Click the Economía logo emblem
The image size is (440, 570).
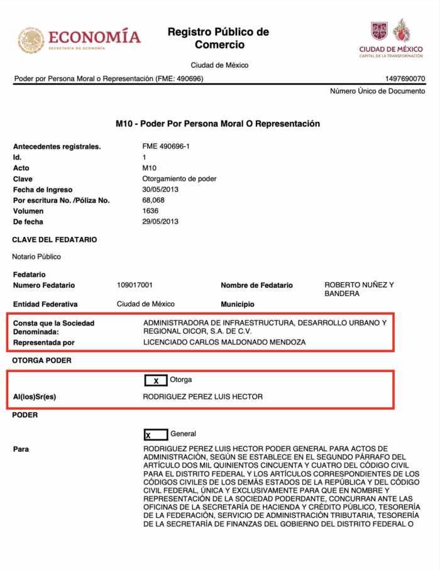click(31, 39)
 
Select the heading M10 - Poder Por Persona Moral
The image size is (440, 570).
click(217, 124)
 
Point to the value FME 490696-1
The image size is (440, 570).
click(166, 146)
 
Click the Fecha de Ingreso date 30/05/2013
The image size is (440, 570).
click(161, 189)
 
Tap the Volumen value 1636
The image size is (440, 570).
click(151, 211)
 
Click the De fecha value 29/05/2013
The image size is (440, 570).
click(161, 221)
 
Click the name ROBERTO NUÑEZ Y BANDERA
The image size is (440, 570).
click(359, 289)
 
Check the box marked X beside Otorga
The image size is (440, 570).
click(155, 380)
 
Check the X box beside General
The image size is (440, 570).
click(155, 434)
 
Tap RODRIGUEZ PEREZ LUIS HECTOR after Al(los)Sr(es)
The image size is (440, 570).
click(202, 397)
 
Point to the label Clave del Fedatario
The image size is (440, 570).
click(55, 239)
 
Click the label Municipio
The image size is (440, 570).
click(237, 304)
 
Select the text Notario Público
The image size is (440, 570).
click(36, 256)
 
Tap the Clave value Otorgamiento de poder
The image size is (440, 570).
click(180, 178)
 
